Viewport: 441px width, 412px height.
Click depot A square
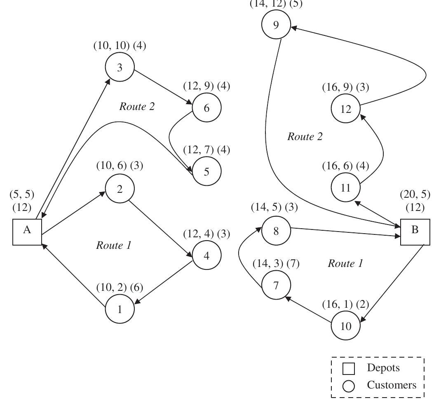[x=27, y=231]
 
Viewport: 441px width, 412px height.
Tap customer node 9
[x=276, y=25]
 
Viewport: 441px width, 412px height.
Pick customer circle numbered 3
[x=120, y=68]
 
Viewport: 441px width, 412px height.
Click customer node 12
[x=346, y=109]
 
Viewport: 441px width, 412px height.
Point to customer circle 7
[x=276, y=285]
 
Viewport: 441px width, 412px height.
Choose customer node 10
[x=346, y=326]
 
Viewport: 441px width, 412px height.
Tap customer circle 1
[x=120, y=309]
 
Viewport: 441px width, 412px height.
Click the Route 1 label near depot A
[x=113, y=246]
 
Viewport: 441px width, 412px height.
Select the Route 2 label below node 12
[x=305, y=137]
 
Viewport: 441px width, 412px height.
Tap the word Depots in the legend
[x=383, y=368]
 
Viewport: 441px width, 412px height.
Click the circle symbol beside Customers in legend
[x=349, y=386]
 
